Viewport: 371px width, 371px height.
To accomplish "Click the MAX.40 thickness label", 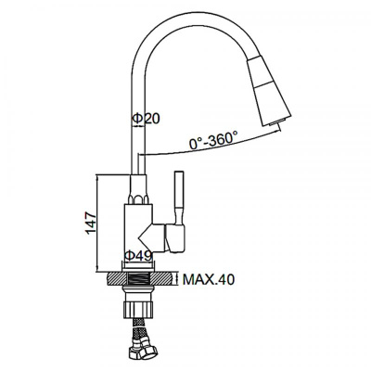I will (209, 278).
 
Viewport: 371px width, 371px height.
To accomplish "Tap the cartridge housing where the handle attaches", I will (167, 237).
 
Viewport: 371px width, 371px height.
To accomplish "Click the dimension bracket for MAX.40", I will (179, 278).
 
